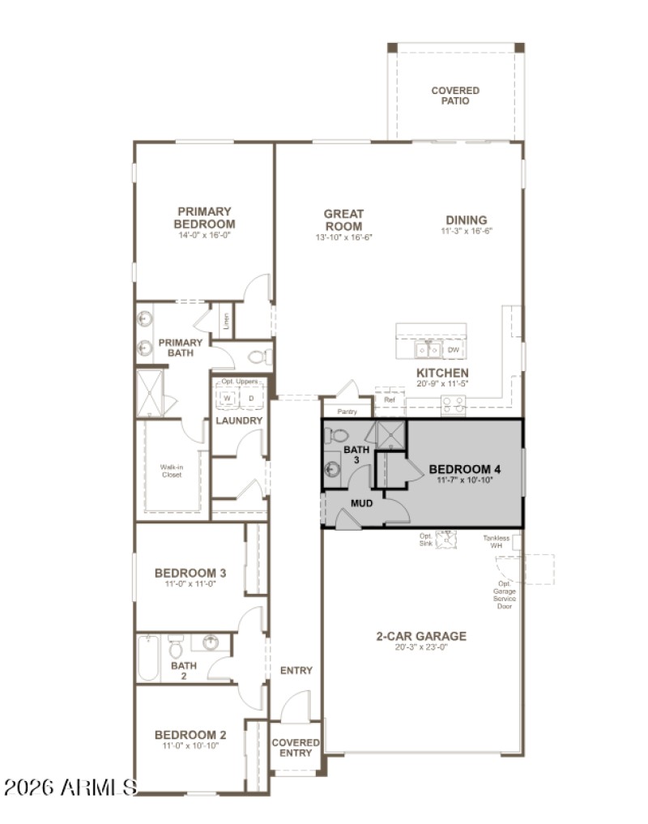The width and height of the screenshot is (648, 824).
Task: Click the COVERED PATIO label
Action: [x=454, y=96]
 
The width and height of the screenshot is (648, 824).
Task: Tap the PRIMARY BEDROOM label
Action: [x=205, y=218]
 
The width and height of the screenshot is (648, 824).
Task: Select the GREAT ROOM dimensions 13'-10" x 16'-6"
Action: [x=343, y=238]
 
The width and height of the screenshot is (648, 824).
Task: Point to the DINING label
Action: [x=467, y=220]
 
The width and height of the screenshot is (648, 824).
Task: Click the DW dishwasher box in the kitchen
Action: [x=454, y=350]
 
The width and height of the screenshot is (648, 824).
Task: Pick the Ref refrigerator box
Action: [x=389, y=400]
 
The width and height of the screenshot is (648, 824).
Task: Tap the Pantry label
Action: [x=347, y=412]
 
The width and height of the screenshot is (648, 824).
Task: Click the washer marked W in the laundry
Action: [x=228, y=399]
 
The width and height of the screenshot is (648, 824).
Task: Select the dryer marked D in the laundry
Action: [x=251, y=399]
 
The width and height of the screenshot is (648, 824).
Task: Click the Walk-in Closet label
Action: [x=171, y=471]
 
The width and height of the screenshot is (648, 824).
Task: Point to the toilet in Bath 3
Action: [x=336, y=436]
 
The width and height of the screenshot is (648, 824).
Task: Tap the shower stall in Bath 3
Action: [x=390, y=435]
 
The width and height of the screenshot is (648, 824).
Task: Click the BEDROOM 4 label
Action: [x=465, y=469]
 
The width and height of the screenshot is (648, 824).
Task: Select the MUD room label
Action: [x=361, y=503]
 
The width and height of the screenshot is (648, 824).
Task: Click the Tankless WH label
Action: [x=497, y=542]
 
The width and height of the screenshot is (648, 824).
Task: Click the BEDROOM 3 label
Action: [x=190, y=573]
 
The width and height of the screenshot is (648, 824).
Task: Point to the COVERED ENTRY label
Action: [x=296, y=747]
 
